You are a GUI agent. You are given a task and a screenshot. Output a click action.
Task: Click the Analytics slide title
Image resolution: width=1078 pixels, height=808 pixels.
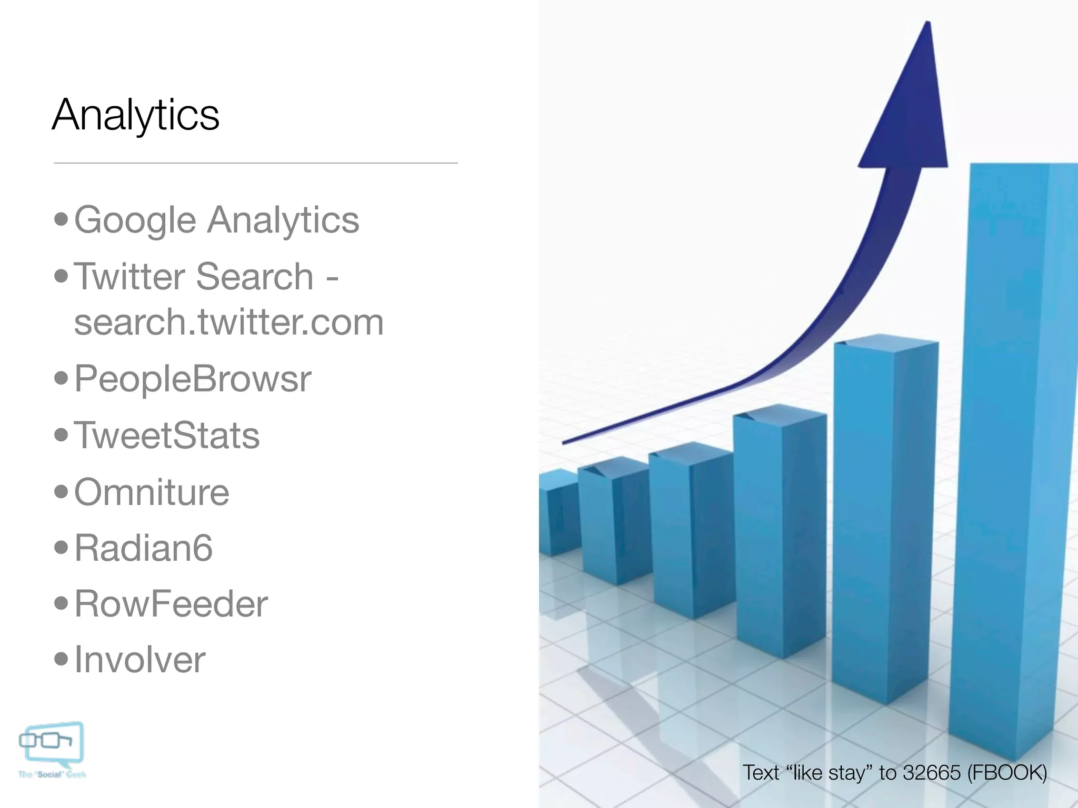(x=136, y=115)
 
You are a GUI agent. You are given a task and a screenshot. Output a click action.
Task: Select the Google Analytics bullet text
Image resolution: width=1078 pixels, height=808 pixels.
(x=216, y=219)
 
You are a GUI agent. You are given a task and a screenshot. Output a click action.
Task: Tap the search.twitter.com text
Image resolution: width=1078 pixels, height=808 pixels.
(x=228, y=322)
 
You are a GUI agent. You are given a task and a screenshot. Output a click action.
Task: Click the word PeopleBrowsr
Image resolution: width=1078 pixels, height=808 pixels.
(x=193, y=378)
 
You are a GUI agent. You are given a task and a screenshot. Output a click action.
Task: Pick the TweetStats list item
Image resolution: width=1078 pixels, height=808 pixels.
(x=167, y=436)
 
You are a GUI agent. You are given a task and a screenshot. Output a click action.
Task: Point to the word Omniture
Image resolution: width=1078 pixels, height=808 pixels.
(x=152, y=492)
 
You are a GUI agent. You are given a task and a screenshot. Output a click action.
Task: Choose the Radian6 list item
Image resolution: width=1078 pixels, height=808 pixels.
(x=143, y=548)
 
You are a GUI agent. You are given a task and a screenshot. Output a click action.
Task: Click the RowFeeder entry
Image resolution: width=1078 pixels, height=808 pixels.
(x=171, y=604)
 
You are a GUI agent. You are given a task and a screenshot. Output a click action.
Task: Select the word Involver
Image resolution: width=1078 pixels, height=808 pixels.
(x=139, y=660)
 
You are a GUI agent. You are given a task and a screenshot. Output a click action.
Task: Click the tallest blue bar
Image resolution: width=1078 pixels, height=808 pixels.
(x=1011, y=447)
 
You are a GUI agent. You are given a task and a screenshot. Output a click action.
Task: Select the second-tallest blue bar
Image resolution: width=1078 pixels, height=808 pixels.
(x=884, y=516)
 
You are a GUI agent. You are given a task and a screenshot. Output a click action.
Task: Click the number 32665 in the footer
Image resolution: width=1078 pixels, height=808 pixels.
(x=932, y=773)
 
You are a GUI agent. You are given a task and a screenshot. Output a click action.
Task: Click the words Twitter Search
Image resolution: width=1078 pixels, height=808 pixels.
(x=194, y=276)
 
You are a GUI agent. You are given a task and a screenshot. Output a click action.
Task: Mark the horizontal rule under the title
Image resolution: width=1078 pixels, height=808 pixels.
(x=255, y=163)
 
